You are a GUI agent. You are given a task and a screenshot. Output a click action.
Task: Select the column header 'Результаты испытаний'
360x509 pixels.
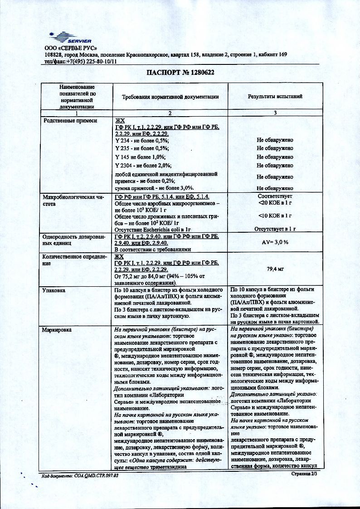(275, 97)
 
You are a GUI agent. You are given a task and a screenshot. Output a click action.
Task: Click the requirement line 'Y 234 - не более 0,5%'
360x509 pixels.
(142, 140)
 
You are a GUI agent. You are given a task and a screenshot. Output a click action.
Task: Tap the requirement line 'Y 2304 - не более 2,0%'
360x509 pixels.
(144, 165)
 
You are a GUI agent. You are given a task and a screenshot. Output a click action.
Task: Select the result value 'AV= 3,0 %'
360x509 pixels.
(275, 242)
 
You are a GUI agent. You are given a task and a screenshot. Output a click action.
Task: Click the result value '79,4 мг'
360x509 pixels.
(275, 269)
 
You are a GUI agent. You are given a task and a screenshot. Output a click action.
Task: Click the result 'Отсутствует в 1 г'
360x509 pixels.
(275, 230)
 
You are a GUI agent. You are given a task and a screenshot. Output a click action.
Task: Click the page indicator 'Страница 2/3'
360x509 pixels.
(304, 473)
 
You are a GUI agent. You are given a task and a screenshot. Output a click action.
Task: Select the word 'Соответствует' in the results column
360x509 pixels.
(275, 196)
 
